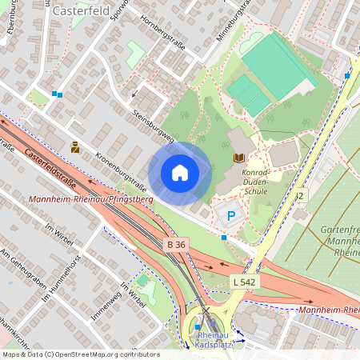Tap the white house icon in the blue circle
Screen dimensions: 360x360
pyautogui.click(x=180, y=173)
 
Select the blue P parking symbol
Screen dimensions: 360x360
pyautogui.click(x=232, y=215)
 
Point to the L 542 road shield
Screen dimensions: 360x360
pyautogui.click(x=243, y=282)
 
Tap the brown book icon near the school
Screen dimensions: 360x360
pyautogui.click(x=238, y=158)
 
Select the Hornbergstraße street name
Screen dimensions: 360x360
pyautogui.click(x=162, y=34)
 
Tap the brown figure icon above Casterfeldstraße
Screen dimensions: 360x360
pyautogui.click(x=75, y=147)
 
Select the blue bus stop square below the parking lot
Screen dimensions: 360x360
pyautogui.click(x=223, y=238)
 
